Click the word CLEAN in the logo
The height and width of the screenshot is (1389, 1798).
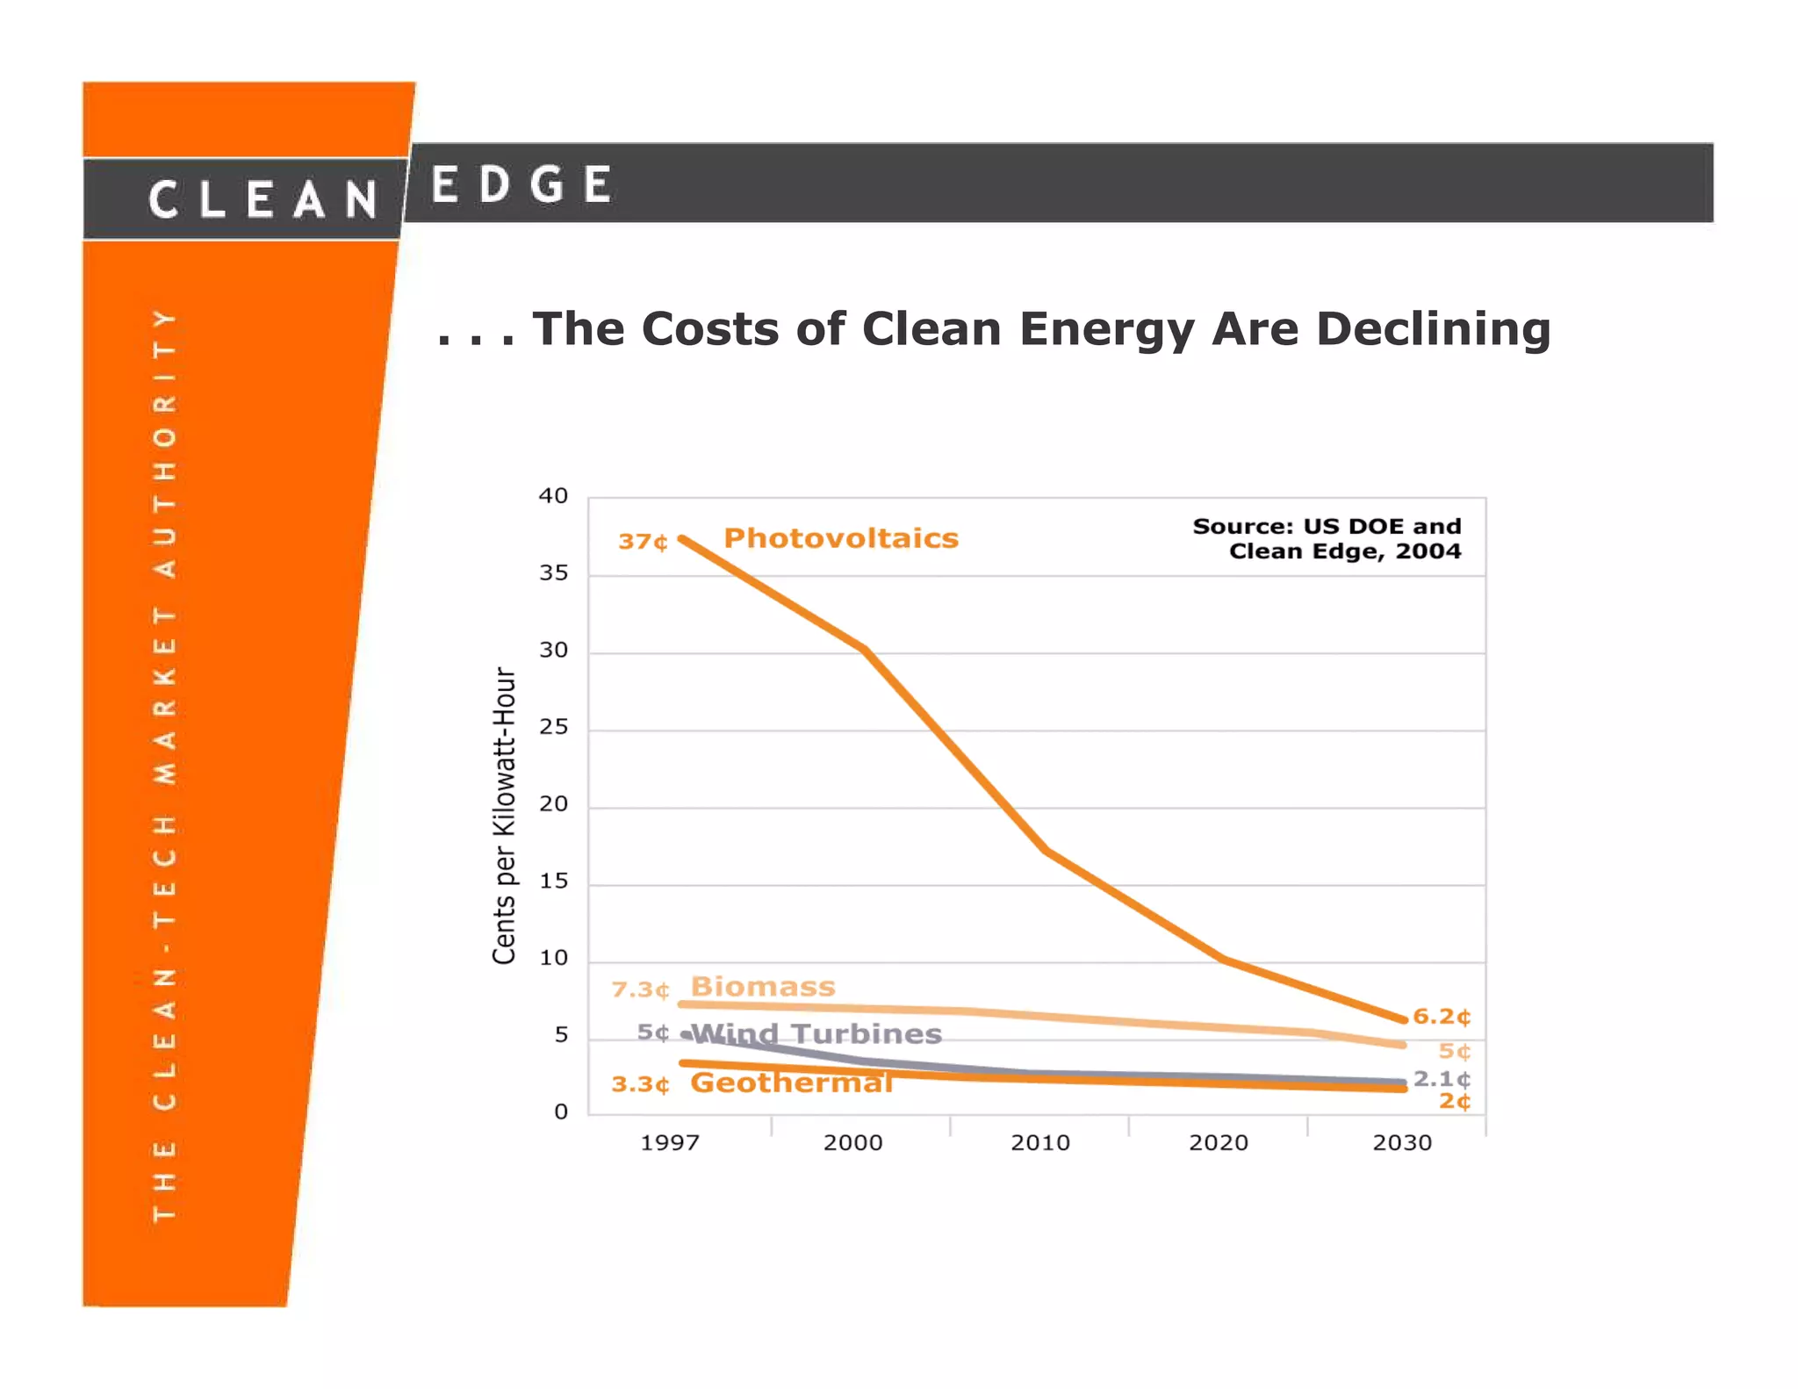[263, 199]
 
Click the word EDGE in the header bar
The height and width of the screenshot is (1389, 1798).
[521, 185]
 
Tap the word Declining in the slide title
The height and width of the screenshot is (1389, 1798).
[1433, 329]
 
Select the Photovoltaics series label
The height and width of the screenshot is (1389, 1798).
[840, 538]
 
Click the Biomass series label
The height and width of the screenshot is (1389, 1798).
[762, 987]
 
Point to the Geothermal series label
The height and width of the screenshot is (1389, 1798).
[791, 1083]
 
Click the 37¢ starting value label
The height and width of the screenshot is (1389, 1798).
[643, 542]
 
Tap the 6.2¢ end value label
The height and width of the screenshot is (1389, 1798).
[1441, 1017]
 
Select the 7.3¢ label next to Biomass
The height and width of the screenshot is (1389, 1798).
[640, 990]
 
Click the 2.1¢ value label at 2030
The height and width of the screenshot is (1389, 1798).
[1441, 1078]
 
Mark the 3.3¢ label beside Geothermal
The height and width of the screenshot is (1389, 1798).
[640, 1085]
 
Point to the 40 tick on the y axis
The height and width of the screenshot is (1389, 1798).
[553, 496]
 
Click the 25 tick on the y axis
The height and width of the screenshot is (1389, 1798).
[553, 727]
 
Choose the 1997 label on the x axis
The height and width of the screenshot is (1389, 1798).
[670, 1143]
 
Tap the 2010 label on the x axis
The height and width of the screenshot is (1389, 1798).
[1039, 1143]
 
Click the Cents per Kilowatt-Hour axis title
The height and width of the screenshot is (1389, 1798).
[504, 815]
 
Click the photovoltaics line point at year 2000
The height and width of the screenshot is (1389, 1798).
[865, 651]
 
